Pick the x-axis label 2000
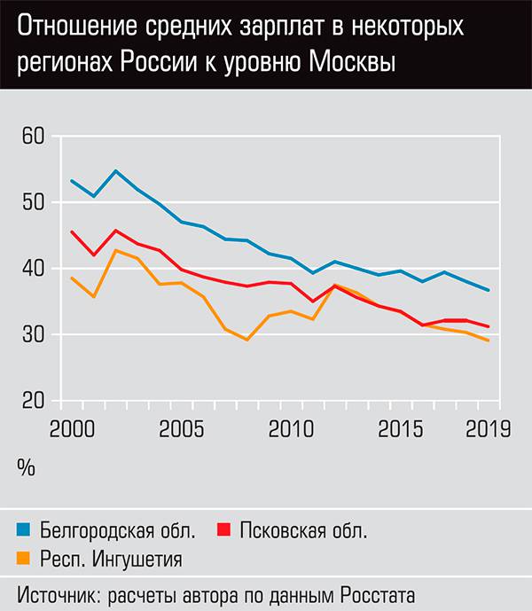[x=73, y=431]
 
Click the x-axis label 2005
[x=182, y=431]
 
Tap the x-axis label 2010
[x=291, y=431]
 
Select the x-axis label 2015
[x=400, y=431]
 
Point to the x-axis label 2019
[x=487, y=431]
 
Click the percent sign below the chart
[x=26, y=468]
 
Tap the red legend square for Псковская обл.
[x=223, y=531]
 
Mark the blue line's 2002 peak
[x=116, y=170]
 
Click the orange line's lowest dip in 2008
[x=246, y=340]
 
